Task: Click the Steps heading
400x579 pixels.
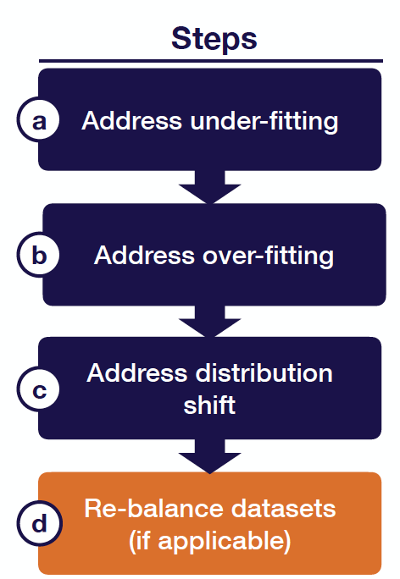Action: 214,39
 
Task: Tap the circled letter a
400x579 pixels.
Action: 38,119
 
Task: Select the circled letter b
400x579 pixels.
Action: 38,255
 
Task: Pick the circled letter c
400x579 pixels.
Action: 38,389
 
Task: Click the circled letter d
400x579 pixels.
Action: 39,523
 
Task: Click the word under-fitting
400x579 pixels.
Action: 264,121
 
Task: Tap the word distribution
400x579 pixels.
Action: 264,373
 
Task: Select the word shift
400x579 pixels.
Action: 209,405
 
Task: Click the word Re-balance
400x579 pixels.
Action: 153,509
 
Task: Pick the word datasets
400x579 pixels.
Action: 284,509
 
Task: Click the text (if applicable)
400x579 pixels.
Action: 209,542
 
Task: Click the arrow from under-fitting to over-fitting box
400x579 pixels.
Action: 209,187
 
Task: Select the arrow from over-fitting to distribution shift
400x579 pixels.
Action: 209,322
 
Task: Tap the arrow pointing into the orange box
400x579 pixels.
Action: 209,456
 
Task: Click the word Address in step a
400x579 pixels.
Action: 132,120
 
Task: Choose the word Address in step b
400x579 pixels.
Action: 145,255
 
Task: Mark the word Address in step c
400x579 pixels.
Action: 137,373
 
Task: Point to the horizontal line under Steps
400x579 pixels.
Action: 211,61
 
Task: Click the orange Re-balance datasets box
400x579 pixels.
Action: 209,523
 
